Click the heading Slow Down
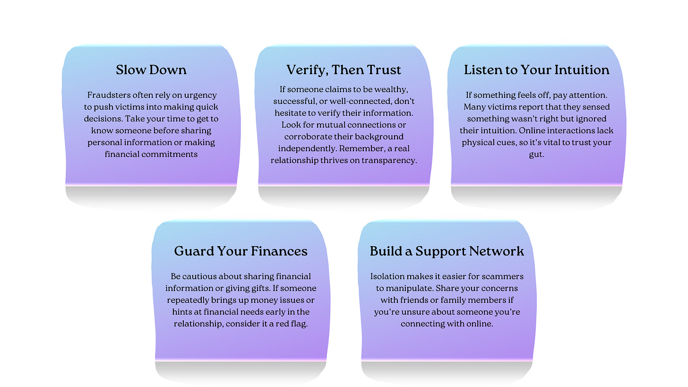pos(151,70)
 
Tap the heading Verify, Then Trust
pos(344,70)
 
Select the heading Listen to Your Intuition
pos(536,70)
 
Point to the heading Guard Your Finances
pos(241,251)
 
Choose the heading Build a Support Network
pos(447,251)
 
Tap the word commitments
pos(172,154)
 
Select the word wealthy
pos(391,90)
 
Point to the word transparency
pos(388,160)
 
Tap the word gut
pos(536,154)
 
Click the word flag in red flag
pos(298,324)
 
